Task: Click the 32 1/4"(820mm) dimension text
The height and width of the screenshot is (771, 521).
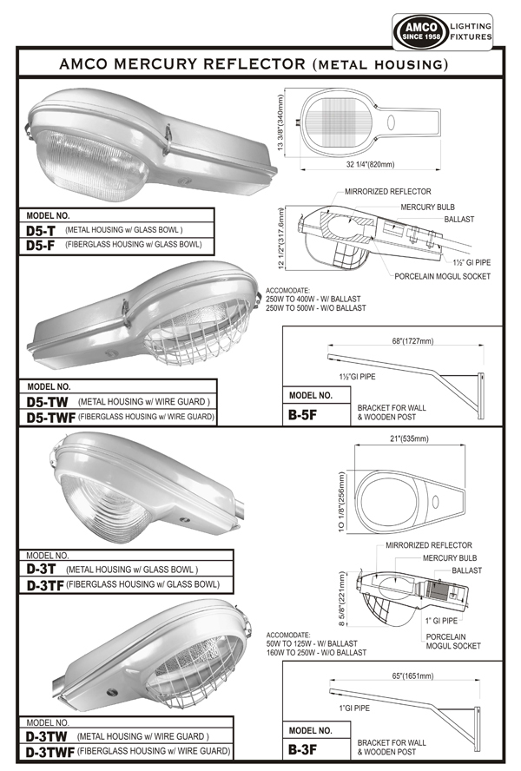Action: [366, 164]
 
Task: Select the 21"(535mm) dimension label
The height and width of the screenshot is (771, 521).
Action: [405, 439]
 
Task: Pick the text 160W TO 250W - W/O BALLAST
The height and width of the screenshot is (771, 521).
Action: [317, 652]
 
